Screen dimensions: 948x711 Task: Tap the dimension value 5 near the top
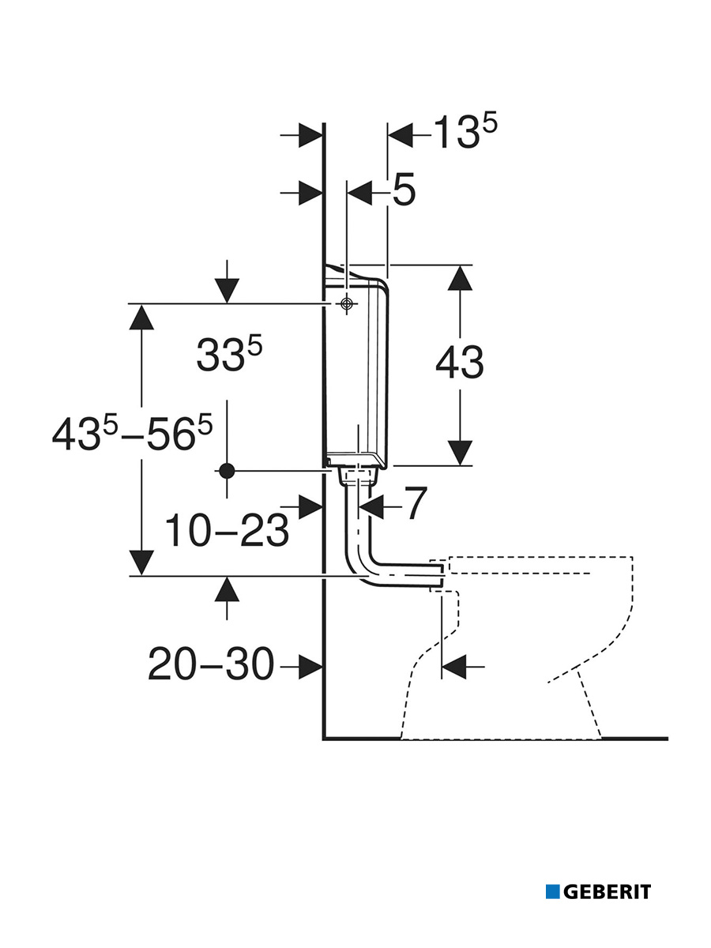[x=403, y=191]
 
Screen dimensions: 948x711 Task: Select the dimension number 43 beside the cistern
[x=460, y=363]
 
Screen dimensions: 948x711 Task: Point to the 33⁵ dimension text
[x=229, y=355]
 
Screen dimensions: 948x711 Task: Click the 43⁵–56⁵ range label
[x=133, y=434]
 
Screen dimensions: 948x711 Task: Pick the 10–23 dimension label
[x=227, y=532]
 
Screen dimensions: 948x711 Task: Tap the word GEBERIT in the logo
[x=607, y=892]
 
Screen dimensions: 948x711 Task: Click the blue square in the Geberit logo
[x=552, y=892]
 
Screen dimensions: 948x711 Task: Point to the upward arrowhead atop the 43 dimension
[x=460, y=276]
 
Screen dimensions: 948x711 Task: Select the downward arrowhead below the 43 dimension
[x=460, y=454]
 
